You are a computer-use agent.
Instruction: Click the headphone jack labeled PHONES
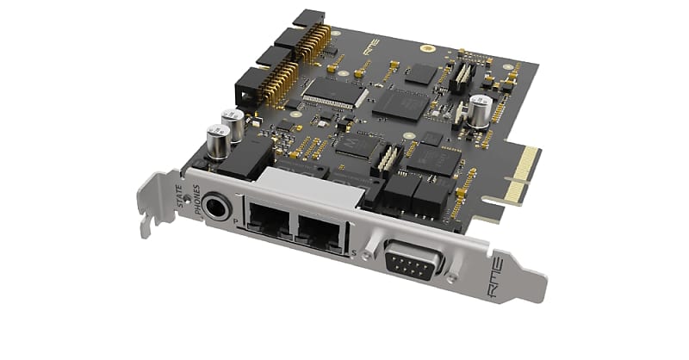215,206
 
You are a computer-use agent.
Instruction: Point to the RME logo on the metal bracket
512,279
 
